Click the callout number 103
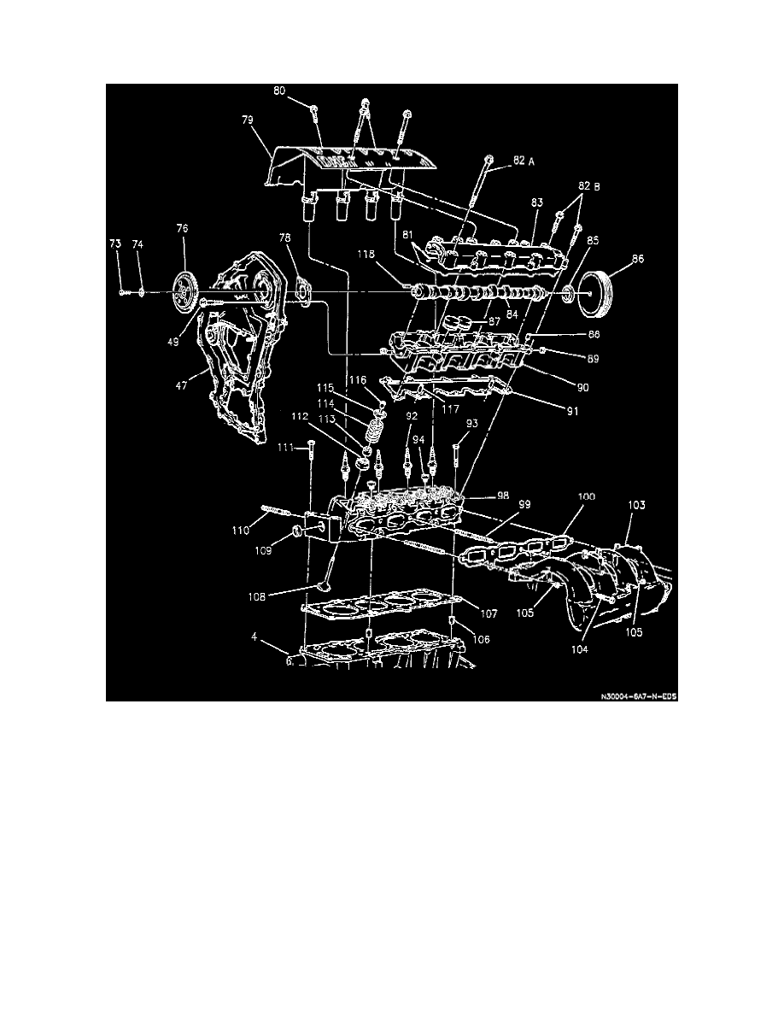[x=635, y=507]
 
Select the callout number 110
[x=241, y=530]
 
